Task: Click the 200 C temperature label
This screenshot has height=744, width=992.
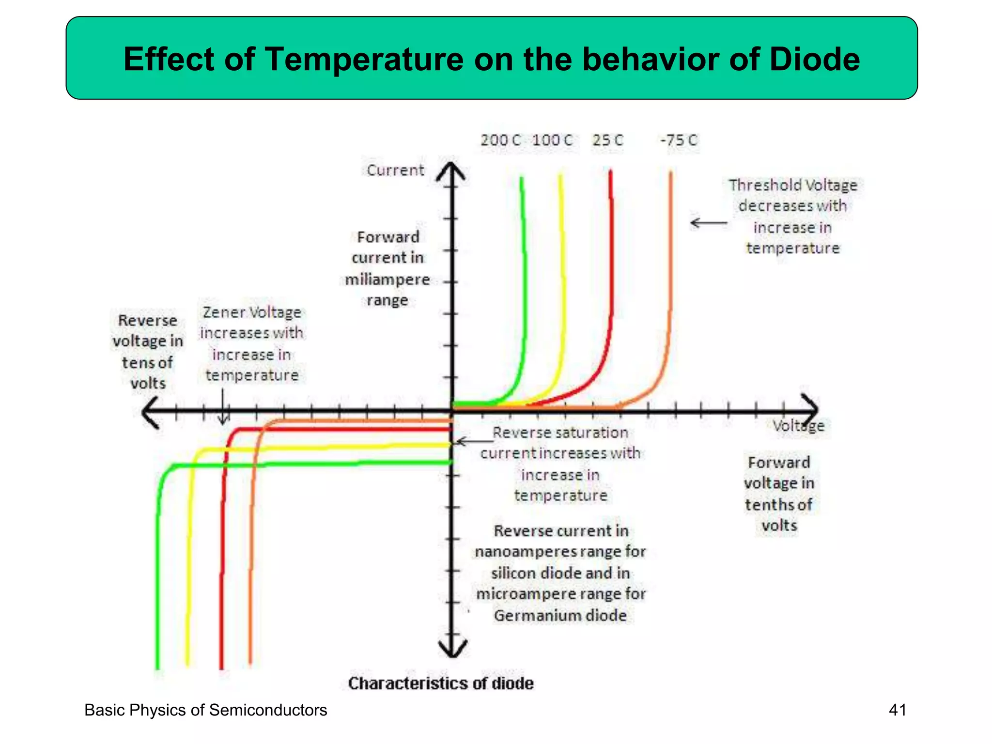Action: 500,140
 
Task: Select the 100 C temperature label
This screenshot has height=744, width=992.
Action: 552,140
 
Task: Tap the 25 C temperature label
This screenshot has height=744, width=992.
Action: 607,140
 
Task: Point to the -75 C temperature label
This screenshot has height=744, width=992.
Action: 679,140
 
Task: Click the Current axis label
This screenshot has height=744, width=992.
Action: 395,170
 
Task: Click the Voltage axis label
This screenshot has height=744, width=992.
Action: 798,426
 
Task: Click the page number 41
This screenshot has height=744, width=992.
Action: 898,710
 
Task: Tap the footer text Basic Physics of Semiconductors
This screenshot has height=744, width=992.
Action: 205,710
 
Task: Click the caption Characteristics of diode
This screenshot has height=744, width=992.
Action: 441,683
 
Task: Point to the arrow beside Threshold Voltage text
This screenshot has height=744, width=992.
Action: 708,223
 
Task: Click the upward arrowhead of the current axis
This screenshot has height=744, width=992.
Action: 451,171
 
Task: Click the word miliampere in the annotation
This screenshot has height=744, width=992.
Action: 387,280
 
